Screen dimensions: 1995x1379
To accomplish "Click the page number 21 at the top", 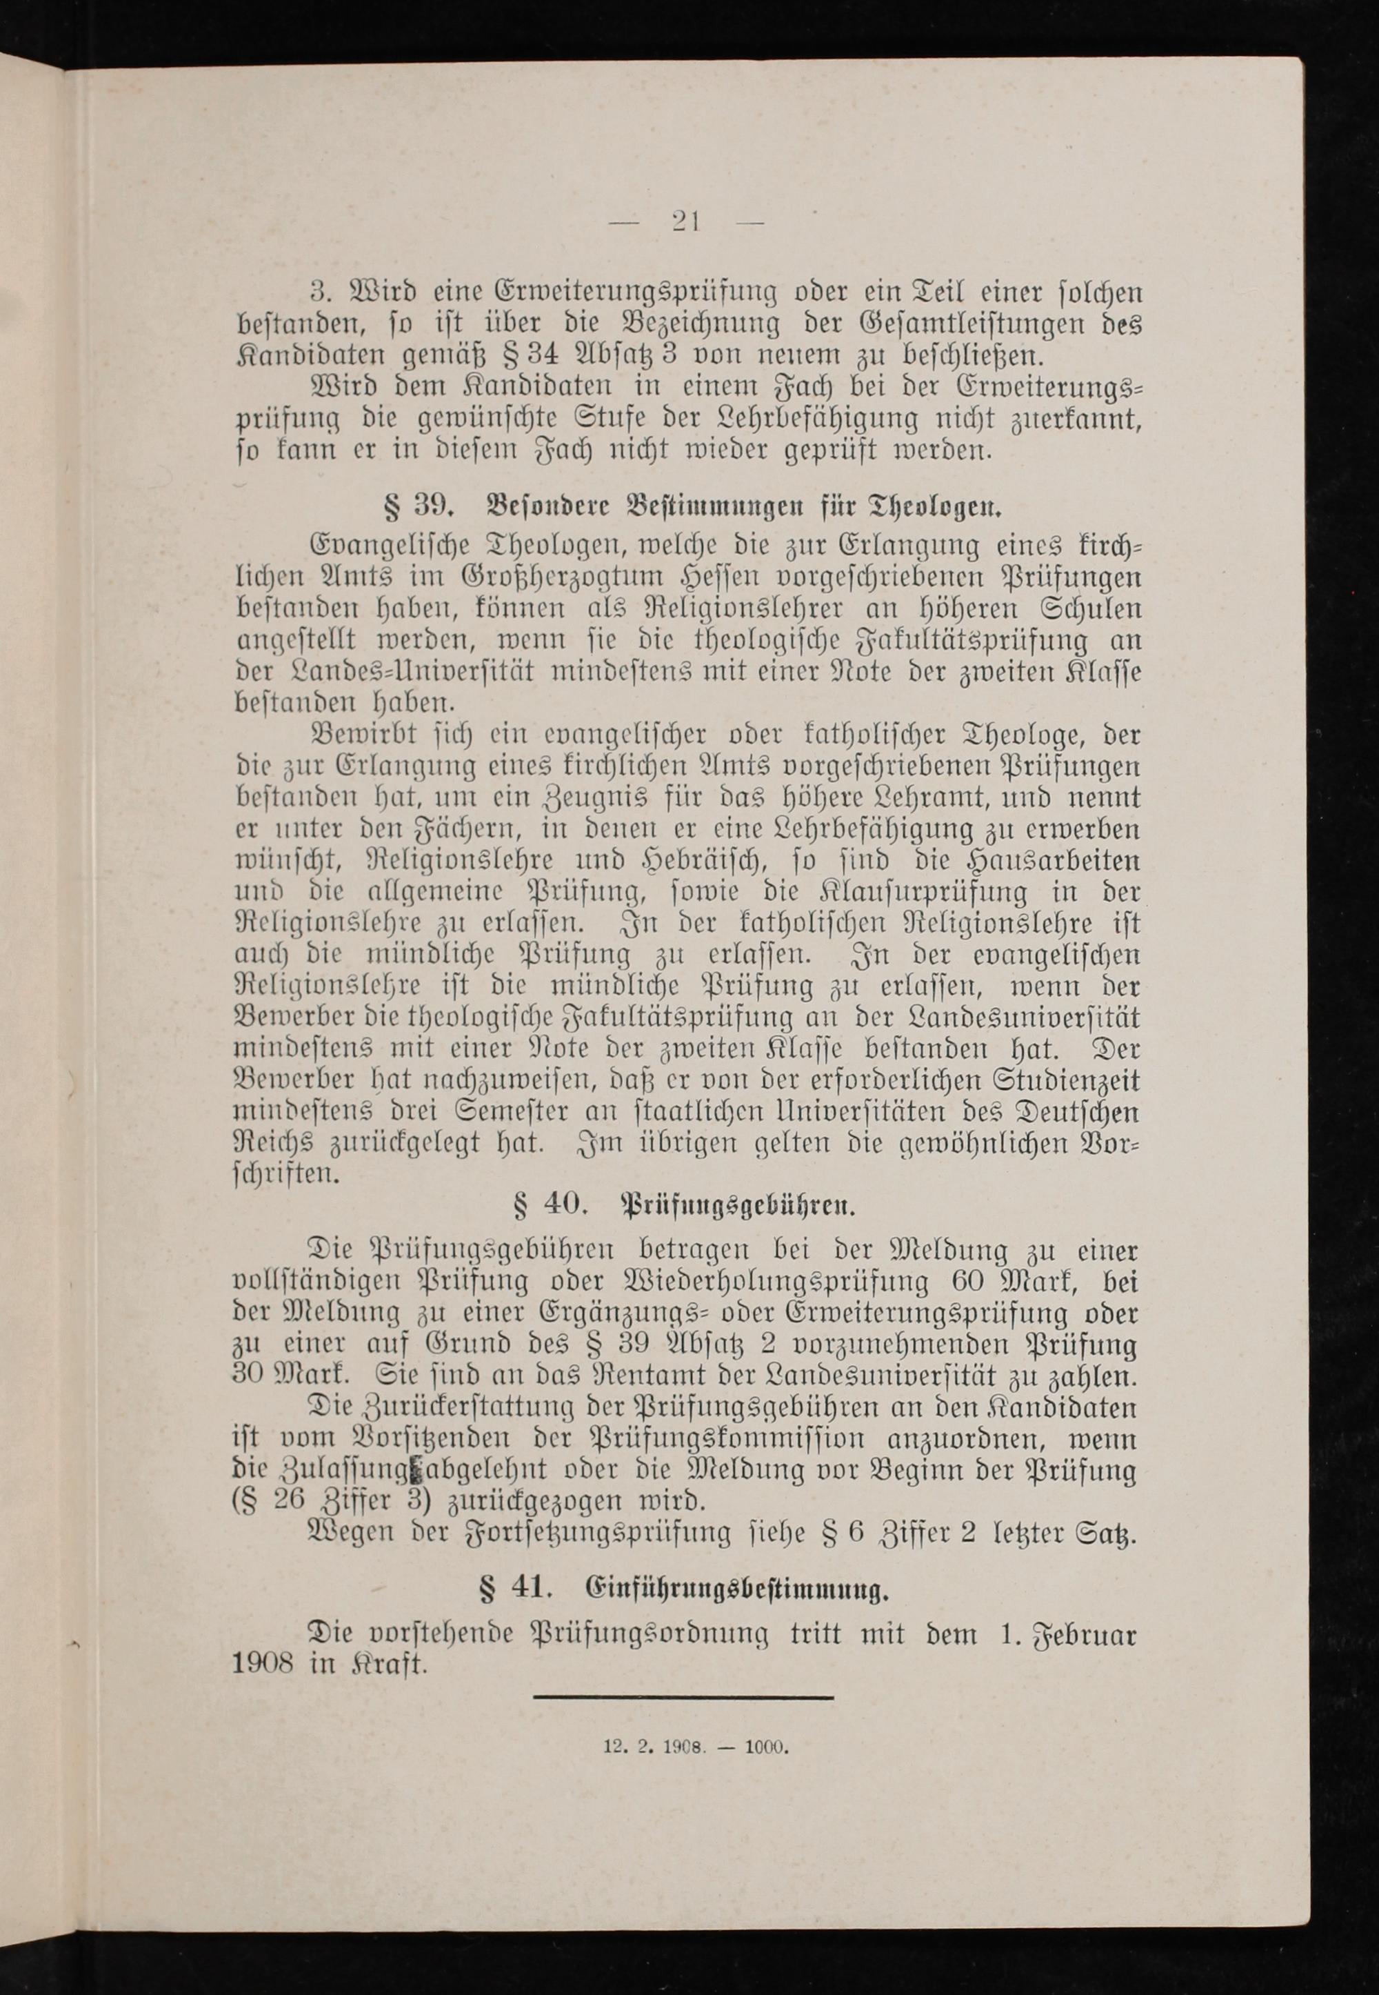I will (x=685, y=222).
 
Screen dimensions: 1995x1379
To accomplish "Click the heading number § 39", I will (x=419, y=503).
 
